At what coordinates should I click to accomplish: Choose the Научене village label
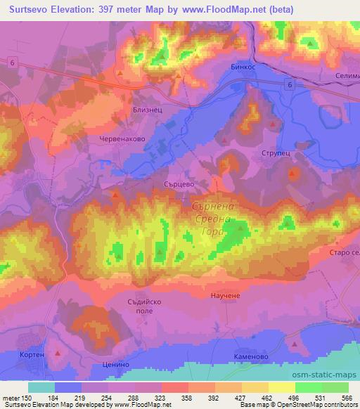point(226,296)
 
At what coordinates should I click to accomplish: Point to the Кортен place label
point(33,355)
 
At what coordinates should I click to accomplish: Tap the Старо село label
point(343,252)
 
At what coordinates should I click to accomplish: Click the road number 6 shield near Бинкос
point(290,84)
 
